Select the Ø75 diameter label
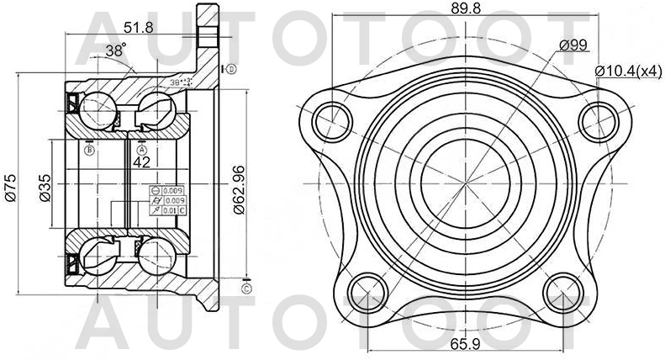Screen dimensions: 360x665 click(8, 185)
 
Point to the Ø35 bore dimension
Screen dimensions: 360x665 click(45, 185)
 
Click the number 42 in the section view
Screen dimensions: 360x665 click(141, 161)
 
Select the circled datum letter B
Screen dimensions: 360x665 click(89, 150)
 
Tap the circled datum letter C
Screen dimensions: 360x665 click(245, 289)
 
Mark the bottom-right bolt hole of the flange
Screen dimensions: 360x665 click(563, 293)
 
